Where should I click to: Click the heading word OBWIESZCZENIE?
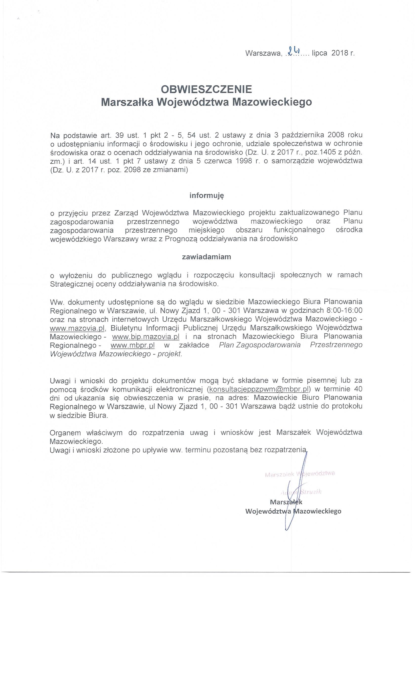pyautogui.click(x=206, y=89)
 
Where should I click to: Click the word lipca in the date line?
pyautogui.click(x=319, y=53)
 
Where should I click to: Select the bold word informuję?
pyautogui.click(x=206, y=195)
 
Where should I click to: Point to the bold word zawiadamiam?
pyautogui.click(x=206, y=257)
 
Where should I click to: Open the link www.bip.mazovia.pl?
pyautogui.click(x=146, y=336)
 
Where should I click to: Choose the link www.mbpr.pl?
pyautogui.click(x=132, y=345)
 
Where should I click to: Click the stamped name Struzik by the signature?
pyautogui.click(x=310, y=492)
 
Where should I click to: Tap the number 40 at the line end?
pyautogui.click(x=358, y=389)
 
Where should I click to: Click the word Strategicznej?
pyautogui.click(x=71, y=284)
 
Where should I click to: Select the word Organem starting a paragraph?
pyautogui.click(x=65, y=432)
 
